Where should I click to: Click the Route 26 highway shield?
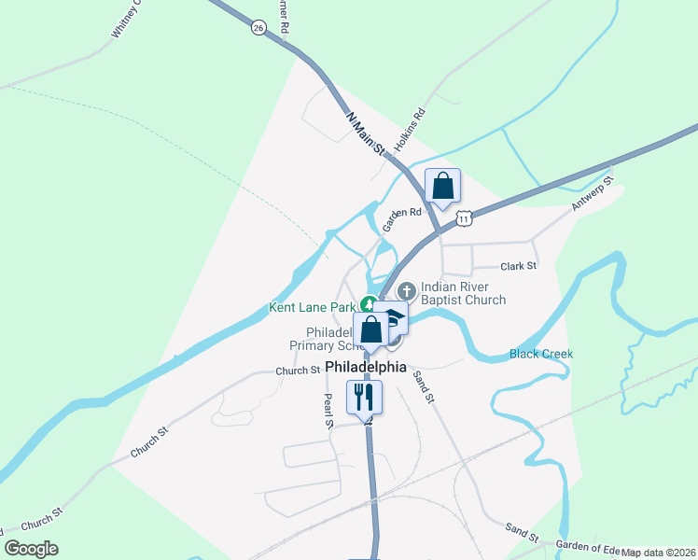click(258, 29)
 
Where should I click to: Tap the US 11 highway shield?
click(464, 217)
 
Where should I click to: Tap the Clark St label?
click(519, 266)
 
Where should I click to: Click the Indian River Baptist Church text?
click(463, 293)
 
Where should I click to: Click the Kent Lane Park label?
click(312, 306)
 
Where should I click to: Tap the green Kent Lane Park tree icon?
click(370, 304)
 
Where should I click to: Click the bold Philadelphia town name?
click(366, 367)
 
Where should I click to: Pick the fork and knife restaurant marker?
click(361, 396)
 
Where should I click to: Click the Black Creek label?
click(541, 355)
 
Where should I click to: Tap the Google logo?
click(31, 549)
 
